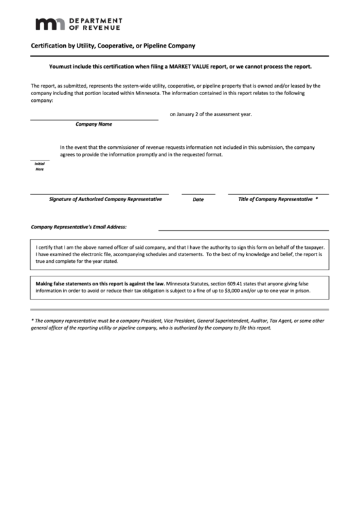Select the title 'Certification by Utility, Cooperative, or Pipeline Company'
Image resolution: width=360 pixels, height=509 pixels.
pyautogui.click(x=113, y=46)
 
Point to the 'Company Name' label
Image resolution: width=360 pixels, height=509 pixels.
pyautogui.click(x=94, y=125)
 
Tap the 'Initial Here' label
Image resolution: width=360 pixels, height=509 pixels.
pyautogui.click(x=39, y=166)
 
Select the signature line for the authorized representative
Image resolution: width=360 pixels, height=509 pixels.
pyautogui.click(x=99, y=194)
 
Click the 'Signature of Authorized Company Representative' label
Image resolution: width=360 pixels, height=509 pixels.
pyautogui.click(x=105, y=199)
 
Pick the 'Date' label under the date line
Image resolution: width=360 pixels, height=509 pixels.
pyautogui.click(x=198, y=200)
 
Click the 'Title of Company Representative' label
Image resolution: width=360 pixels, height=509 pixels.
pyautogui.click(x=274, y=199)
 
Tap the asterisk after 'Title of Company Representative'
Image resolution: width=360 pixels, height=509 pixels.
pyautogui.click(x=317, y=198)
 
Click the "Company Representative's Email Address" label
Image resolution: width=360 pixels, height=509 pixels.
pyautogui.click(x=79, y=226)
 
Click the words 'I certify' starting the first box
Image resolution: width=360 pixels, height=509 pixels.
pyautogui.click(x=46, y=247)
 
